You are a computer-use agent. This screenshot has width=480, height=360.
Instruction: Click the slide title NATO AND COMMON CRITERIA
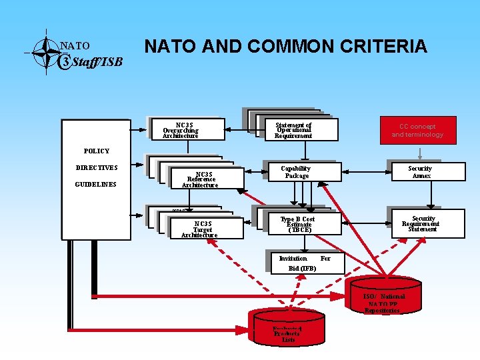pos(285,46)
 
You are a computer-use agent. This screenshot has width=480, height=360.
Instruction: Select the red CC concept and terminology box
pos(417,130)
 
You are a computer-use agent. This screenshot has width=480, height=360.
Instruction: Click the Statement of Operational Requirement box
pos(293,130)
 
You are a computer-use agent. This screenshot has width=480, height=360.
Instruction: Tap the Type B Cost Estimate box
pos(297,224)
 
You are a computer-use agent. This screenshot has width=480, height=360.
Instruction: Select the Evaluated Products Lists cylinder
pos(288,333)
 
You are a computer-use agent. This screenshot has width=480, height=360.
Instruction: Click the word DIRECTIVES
pos(97,168)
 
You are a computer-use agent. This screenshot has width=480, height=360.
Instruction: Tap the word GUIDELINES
pos(96,184)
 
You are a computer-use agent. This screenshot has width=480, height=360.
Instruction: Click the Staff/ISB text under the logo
pos(97,63)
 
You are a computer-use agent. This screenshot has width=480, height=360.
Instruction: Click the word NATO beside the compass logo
pos(75,46)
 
